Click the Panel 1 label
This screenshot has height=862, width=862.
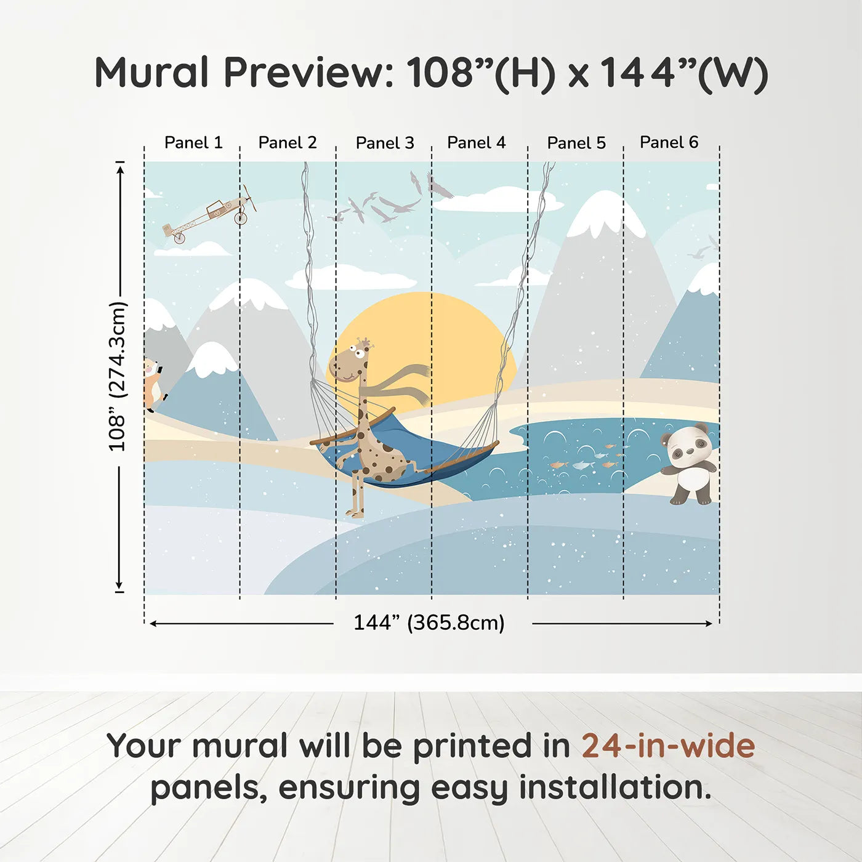[193, 143]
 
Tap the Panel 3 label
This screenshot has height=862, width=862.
[385, 143]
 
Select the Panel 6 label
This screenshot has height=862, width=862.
[669, 142]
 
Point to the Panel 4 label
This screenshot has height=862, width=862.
[476, 143]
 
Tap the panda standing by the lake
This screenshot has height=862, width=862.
[689, 464]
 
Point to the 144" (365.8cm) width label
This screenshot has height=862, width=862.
[429, 622]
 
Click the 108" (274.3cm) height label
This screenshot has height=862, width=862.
[118, 376]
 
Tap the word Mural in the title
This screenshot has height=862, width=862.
[152, 73]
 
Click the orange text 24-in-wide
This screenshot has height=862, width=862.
[668, 746]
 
